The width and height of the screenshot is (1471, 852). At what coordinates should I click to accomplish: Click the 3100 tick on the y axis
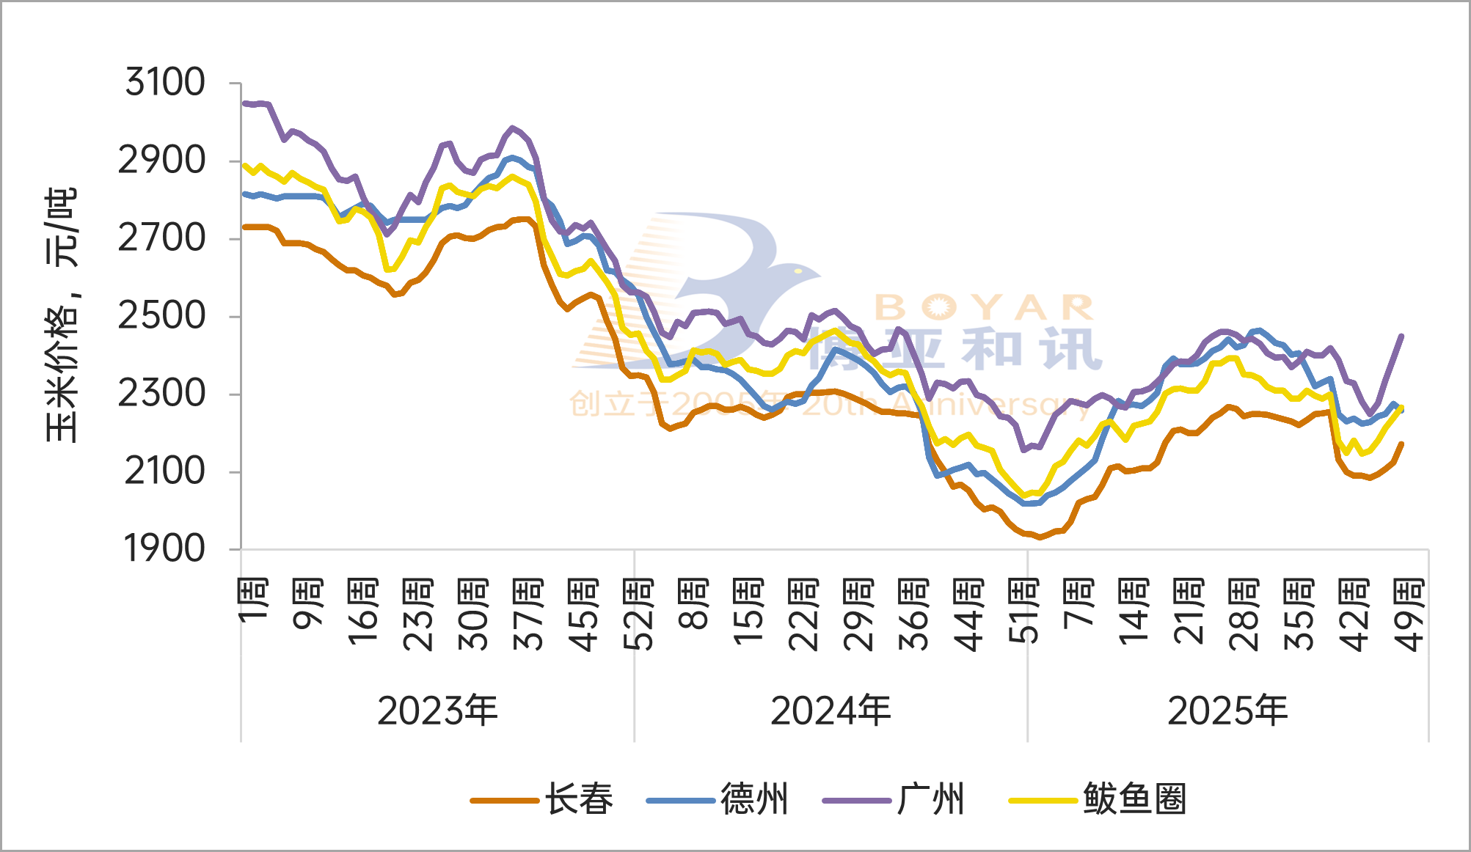tap(165, 82)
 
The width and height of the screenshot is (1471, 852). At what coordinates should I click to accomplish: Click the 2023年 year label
tap(437, 710)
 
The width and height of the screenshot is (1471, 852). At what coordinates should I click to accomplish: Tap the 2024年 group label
tap(831, 710)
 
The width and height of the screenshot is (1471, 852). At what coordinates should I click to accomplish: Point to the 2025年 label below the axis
tap(1227, 710)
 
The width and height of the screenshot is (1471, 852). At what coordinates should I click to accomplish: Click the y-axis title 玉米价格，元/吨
tap(62, 315)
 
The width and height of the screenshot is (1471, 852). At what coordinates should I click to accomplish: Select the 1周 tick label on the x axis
tap(253, 600)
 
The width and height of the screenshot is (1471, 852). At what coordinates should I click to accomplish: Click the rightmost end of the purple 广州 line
tap(1402, 336)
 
